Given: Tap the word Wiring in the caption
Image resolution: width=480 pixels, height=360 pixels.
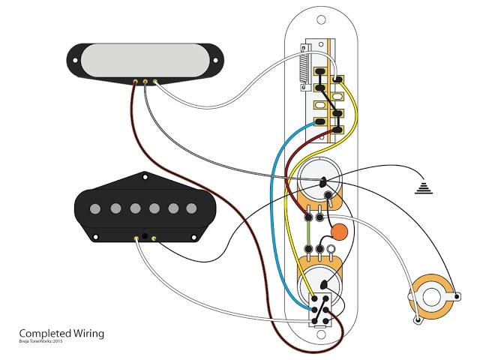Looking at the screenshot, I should tap(88, 333).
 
